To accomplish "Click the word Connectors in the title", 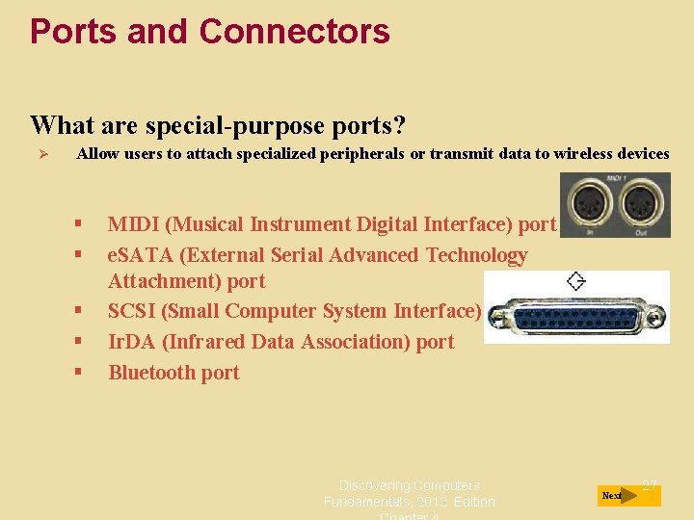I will (x=294, y=32).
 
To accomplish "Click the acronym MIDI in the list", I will (x=133, y=224).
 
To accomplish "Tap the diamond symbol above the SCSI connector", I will (x=576, y=281).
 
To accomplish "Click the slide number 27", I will (x=650, y=485).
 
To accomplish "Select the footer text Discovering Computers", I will (x=409, y=485).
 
